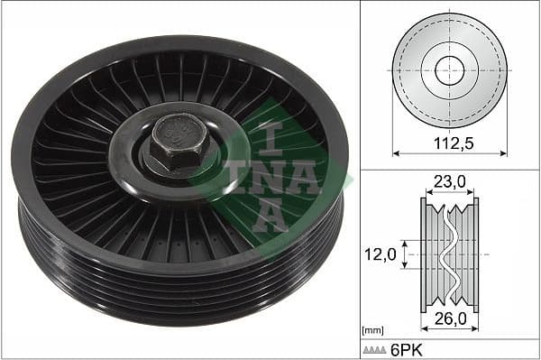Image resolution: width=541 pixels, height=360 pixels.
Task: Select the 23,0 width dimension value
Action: pos(448,181)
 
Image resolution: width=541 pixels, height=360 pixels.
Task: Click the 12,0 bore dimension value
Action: pos(381,255)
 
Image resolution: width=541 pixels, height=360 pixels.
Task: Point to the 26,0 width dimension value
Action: pos(448,318)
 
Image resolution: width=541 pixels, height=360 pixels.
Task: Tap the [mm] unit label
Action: pos(371,331)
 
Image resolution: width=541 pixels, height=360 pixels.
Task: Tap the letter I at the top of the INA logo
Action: pos(268,134)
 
